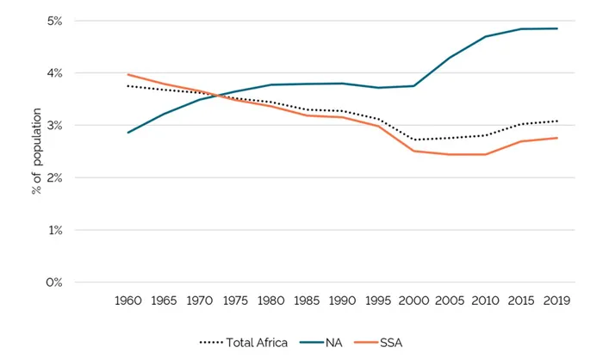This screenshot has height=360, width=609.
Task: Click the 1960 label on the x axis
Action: (x=128, y=301)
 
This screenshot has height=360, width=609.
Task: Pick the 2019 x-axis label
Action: (x=556, y=301)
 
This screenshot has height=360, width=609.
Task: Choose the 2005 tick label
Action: (x=450, y=301)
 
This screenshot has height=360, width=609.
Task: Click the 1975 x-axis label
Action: (x=235, y=301)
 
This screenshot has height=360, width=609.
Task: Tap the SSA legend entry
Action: (x=389, y=342)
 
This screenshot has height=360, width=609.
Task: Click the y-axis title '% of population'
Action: (x=37, y=152)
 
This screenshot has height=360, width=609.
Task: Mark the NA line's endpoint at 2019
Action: (x=556, y=28)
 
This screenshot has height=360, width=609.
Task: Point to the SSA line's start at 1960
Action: (x=128, y=75)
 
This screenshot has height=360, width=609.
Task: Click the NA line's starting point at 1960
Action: (x=128, y=133)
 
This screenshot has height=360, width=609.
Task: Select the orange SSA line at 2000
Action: (x=413, y=151)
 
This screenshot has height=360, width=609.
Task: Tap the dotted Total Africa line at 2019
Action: (x=556, y=121)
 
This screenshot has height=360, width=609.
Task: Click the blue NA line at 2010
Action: (x=485, y=37)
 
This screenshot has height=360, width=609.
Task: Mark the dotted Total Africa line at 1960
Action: (x=128, y=86)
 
